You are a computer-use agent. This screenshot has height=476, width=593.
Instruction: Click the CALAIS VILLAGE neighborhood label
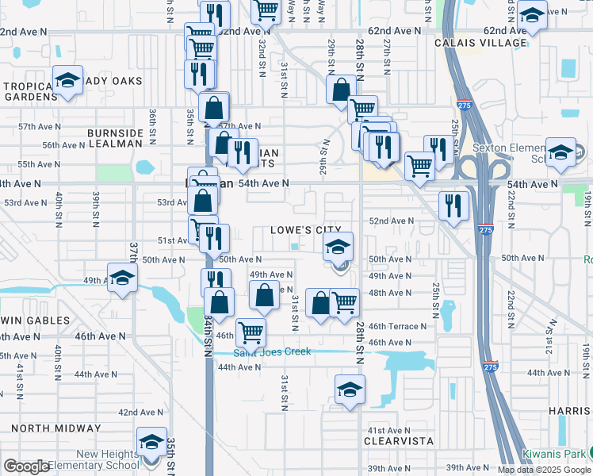[480, 43]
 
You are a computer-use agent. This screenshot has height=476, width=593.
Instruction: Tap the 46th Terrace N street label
[397, 326]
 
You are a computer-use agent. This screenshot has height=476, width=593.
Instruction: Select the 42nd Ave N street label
[140, 413]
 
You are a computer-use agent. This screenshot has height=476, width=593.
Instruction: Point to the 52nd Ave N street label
[391, 221]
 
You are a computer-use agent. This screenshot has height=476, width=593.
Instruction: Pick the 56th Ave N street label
[63, 145]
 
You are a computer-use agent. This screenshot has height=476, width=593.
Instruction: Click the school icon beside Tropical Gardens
[68, 80]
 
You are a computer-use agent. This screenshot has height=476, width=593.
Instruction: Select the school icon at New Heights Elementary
[151, 442]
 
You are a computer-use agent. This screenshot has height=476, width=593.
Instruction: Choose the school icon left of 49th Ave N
[122, 278]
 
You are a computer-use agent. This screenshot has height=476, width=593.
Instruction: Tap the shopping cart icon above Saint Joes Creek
[251, 331]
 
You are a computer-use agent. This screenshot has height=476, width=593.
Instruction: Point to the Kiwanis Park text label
[553, 454]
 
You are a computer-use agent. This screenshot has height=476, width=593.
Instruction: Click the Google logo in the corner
[27, 466]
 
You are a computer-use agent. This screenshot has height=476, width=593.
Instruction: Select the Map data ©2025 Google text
[543, 470]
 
